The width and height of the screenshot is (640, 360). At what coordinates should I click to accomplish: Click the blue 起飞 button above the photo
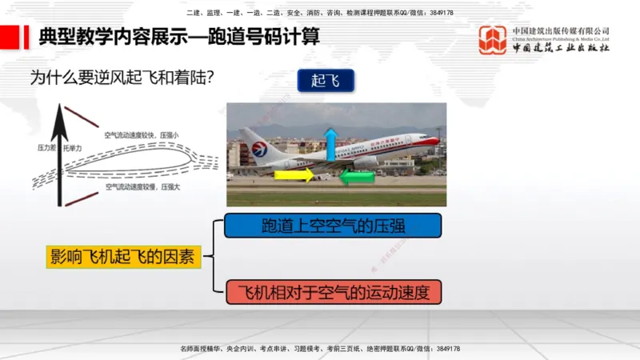click(x=325, y=81)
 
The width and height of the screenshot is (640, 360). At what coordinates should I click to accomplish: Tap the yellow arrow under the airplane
click(x=294, y=175)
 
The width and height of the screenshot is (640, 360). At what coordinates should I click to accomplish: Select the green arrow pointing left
click(x=357, y=176)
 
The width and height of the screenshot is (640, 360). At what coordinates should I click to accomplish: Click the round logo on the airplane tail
click(x=259, y=149)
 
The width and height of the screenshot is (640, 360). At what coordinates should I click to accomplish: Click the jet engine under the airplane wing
click(x=366, y=162)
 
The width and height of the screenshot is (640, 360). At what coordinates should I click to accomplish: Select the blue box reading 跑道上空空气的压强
click(x=333, y=226)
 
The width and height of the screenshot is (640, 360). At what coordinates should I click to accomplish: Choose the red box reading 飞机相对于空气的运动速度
click(x=333, y=292)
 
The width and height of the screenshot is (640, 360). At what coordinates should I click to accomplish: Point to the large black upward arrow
click(x=58, y=156)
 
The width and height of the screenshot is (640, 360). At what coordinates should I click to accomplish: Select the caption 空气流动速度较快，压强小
click(x=141, y=135)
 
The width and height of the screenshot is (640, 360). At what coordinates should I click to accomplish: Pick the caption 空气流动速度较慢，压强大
click(x=142, y=186)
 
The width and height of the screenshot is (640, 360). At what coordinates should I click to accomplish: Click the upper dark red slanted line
click(x=82, y=116)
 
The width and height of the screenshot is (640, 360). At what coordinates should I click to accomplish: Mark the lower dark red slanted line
click(x=82, y=198)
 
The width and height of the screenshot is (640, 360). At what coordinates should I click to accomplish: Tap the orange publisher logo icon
click(x=492, y=40)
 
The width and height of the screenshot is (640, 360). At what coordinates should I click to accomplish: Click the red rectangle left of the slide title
click(x=11, y=37)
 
